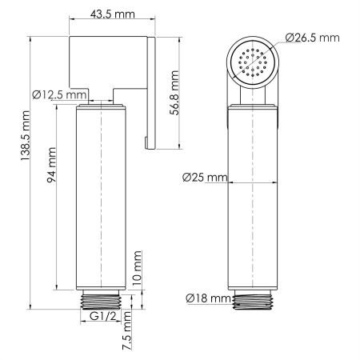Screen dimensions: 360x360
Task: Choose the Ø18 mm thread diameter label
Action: (x=205, y=298)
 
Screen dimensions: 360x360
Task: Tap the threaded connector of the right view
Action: (x=254, y=300)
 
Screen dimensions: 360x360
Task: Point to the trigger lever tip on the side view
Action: (x=149, y=142)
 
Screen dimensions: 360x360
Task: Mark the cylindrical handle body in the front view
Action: (x=254, y=200)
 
